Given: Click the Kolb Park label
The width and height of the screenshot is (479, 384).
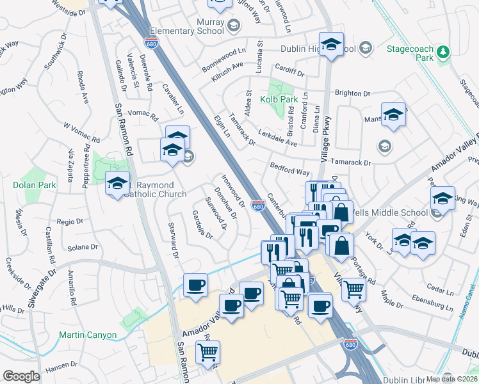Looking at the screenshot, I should tap(279, 99).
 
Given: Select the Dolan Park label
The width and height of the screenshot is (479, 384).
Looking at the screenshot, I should tap(30, 184).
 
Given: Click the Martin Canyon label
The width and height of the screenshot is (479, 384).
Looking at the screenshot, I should tap(88, 335).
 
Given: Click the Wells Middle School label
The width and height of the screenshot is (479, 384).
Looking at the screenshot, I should tap(391, 212).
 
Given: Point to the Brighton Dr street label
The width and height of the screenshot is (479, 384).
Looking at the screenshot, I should tap(353, 93).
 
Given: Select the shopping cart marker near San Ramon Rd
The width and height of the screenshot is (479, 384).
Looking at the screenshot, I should tap(207, 351).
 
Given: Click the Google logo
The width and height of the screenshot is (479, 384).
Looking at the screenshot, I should tap(21, 376).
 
